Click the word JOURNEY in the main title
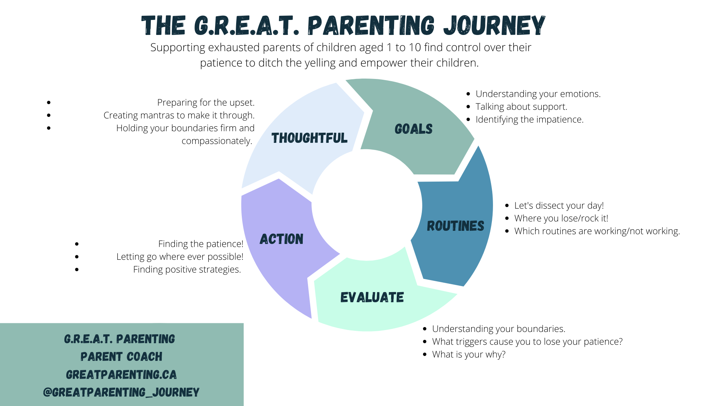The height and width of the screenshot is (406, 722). (494, 26)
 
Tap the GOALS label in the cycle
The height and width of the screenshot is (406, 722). (413, 129)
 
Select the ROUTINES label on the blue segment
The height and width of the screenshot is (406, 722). (455, 226)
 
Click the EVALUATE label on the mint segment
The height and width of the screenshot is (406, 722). (372, 297)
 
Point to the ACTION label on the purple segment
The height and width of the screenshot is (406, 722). (281, 239)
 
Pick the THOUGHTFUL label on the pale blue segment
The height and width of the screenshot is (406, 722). (309, 138)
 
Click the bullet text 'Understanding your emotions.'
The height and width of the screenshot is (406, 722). (538, 94)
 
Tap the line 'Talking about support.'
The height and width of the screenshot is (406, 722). (521, 107)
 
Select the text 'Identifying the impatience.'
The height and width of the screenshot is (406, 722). (529, 120)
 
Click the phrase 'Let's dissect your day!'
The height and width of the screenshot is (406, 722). (559, 206)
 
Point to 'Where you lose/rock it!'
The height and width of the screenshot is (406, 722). (561, 218)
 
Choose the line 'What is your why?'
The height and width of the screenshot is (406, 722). (469, 354)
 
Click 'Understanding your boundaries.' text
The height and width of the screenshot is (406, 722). (499, 329)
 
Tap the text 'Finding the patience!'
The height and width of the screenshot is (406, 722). (200, 244)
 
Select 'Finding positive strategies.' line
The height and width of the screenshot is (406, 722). (187, 270)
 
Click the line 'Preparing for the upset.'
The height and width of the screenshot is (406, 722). (206, 103)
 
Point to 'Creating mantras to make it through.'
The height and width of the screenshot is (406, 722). (179, 115)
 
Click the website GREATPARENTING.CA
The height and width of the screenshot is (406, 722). (121, 375)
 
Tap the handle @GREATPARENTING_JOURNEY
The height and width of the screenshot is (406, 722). (121, 392)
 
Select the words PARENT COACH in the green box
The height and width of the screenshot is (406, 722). (121, 357)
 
